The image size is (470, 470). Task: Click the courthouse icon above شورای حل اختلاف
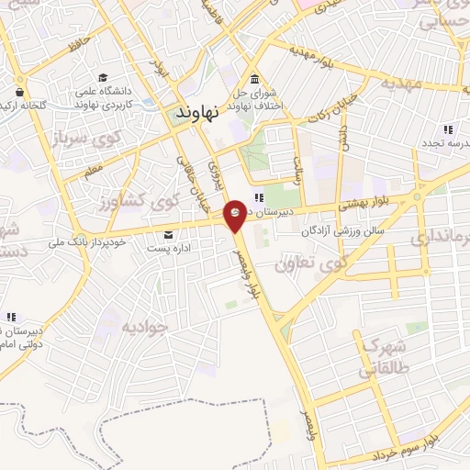pyautogui.click(x=254, y=77)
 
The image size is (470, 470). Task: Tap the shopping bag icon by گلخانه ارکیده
pyautogui.click(x=19, y=92)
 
